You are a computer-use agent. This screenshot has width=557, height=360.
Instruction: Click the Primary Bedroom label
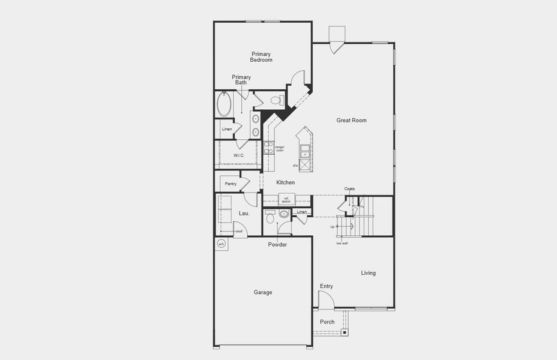pos(262,57)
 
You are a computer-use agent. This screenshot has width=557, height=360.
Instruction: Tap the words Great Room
pos(351,121)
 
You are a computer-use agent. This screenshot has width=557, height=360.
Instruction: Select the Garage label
pos(263,292)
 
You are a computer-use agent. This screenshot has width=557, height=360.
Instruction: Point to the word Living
pos(368,273)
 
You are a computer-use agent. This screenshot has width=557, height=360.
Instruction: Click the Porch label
pos(327,322)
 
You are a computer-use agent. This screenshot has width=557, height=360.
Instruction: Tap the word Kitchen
pos(285,182)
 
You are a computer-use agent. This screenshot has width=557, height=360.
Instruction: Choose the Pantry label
pos(230,184)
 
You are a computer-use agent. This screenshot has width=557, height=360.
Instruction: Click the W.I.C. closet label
pos(239,156)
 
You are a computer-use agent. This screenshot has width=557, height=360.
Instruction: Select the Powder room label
pos(277,245)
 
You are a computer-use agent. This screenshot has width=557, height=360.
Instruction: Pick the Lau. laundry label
pos(244,214)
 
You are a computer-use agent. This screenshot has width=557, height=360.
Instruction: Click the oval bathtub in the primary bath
pos(224,104)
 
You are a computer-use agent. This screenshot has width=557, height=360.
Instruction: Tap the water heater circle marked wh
pos(221,244)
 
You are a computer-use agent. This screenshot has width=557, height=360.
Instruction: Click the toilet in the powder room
pos(269,217)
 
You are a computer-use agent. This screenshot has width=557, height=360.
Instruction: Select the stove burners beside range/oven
pos(268,148)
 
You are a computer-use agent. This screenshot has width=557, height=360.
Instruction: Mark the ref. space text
pos(286,200)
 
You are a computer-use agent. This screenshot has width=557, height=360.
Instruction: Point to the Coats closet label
pos(349,189)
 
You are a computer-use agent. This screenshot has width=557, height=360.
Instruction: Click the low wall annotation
pos(341,243)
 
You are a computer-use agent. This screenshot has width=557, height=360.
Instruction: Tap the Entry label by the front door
pos(326,286)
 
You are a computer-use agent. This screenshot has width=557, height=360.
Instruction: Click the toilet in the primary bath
pos(277,101)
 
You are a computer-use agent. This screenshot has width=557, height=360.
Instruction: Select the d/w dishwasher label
pos(295,165)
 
